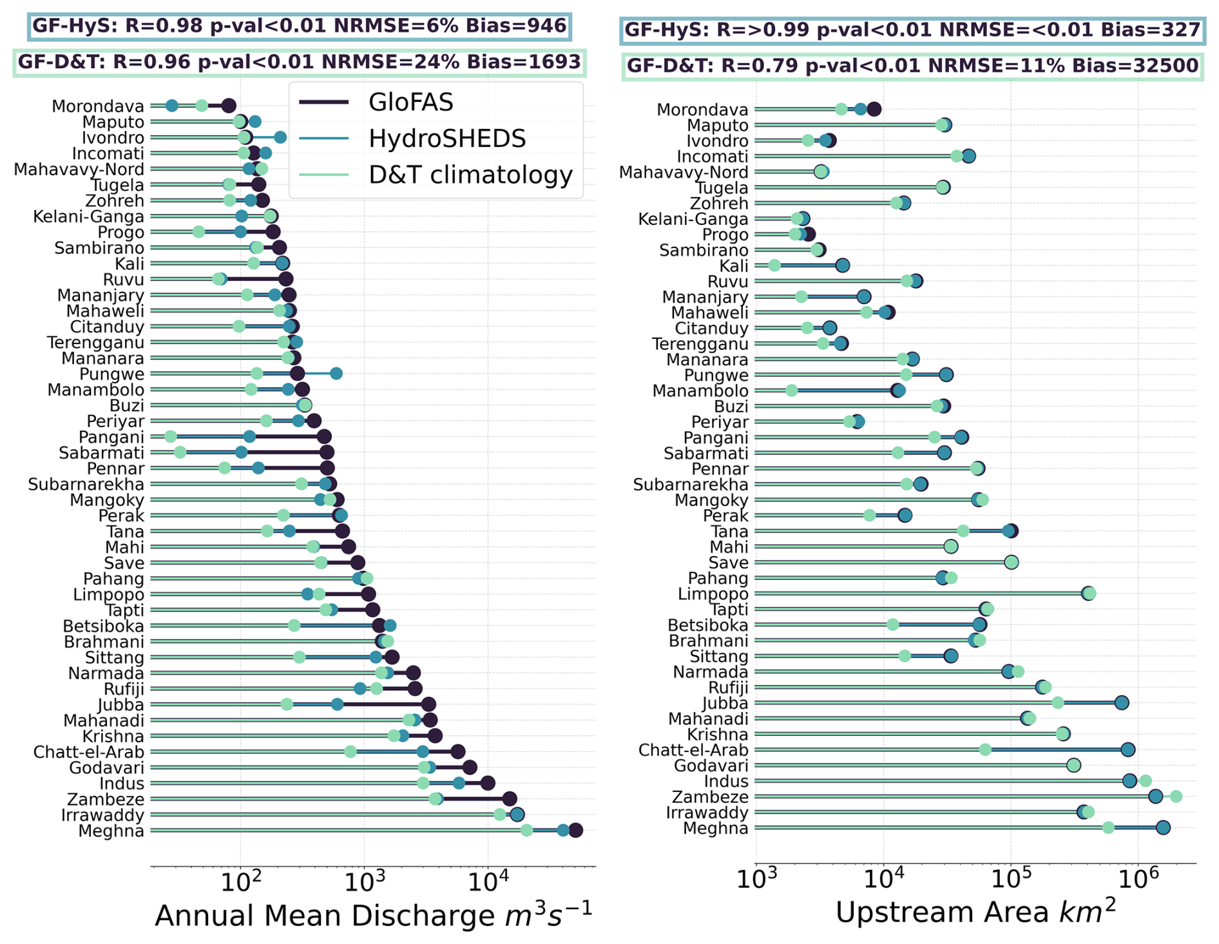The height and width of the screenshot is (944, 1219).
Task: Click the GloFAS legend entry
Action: tap(410, 102)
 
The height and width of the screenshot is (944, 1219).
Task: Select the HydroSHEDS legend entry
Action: tap(446, 139)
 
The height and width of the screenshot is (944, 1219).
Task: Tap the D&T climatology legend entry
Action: tap(470, 175)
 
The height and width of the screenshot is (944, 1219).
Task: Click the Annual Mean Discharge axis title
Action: tap(373, 915)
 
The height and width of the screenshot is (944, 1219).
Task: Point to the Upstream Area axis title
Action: tap(975, 912)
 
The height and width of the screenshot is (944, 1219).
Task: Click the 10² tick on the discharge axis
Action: tap(240, 880)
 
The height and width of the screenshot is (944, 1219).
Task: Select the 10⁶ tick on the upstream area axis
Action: tap(1138, 877)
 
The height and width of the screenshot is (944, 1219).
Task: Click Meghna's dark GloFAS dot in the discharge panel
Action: tap(575, 831)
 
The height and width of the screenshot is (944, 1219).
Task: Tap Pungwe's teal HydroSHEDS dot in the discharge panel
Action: tap(336, 374)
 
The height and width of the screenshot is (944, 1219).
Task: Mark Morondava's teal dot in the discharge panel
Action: tap(172, 106)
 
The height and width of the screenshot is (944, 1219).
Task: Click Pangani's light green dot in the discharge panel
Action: tap(170, 437)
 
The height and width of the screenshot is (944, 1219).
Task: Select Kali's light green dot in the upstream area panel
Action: tap(774, 265)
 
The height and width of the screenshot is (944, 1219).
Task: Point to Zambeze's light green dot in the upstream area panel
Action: tap(1176, 796)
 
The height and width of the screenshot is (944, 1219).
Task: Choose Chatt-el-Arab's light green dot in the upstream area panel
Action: tap(985, 749)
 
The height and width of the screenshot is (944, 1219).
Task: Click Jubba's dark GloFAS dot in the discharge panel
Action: tap(429, 704)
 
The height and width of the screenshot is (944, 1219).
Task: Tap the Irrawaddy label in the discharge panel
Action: tap(102, 815)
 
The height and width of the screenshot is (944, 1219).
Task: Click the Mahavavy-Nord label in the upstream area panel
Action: tap(684, 172)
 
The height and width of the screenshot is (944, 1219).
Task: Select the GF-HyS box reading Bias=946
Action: tap(300, 26)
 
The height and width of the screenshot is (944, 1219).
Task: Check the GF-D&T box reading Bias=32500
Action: tap(912, 66)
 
